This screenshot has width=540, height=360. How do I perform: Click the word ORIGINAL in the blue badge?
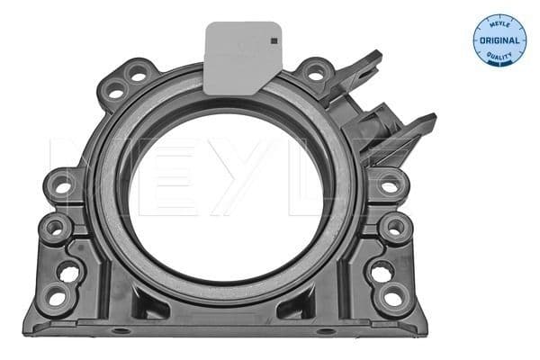(499, 40)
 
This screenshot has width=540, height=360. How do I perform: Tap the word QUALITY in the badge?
(499, 58)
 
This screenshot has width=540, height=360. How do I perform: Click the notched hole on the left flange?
(70, 268)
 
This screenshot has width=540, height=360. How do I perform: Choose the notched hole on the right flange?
(380, 268)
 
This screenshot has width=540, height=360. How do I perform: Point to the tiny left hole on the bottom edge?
(119, 332)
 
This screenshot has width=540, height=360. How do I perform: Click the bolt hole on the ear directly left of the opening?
(64, 186)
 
